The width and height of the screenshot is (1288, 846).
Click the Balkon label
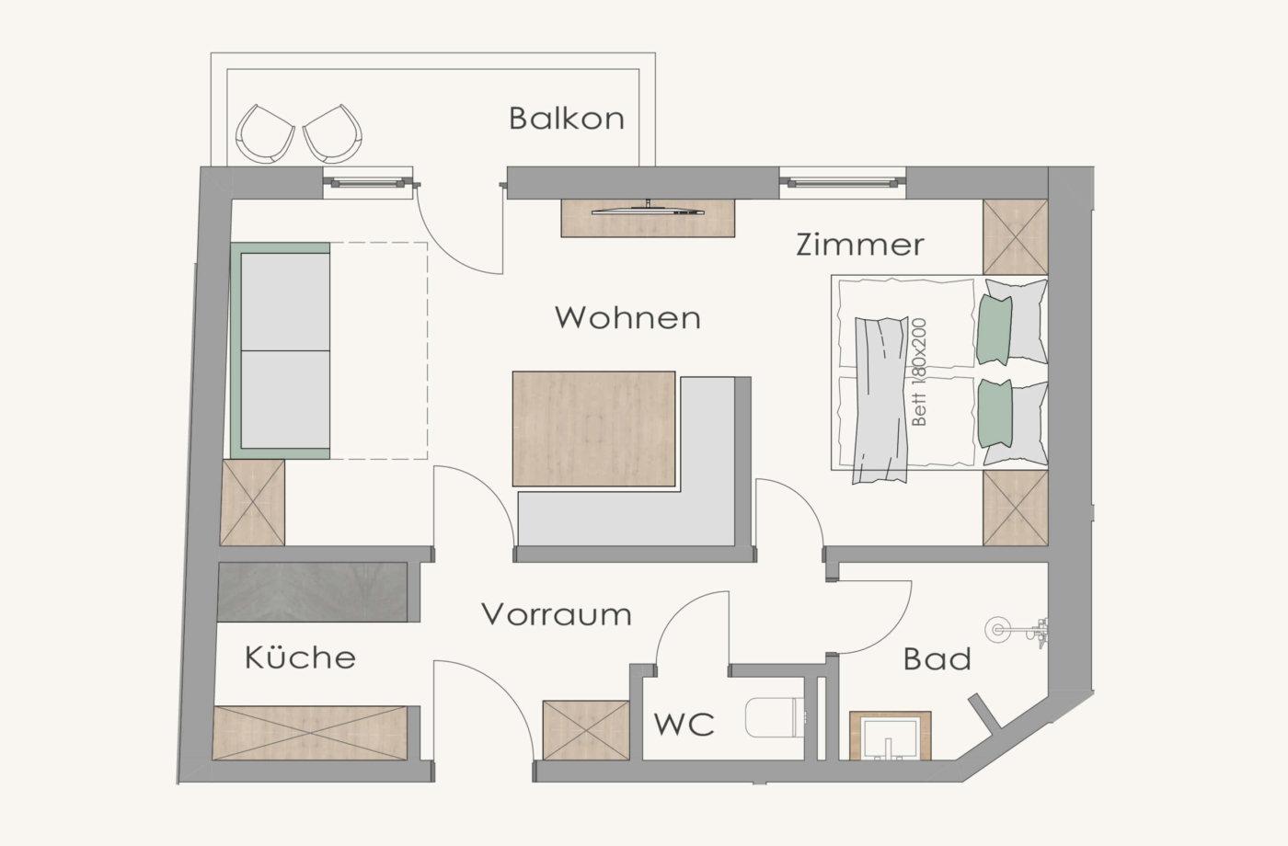(x=567, y=119)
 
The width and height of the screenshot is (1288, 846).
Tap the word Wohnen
(x=627, y=318)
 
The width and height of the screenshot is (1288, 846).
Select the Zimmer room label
(x=860, y=245)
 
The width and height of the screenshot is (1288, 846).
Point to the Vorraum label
(x=557, y=614)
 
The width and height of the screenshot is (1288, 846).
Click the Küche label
(x=300, y=657)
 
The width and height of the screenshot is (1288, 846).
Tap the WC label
(x=684, y=725)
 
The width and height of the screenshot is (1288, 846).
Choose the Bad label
(x=937, y=658)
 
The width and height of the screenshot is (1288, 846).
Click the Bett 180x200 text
(x=920, y=372)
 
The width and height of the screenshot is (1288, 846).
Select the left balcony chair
(x=266, y=133)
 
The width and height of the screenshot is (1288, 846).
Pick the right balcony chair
(x=333, y=133)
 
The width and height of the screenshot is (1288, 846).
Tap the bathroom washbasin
(x=890, y=736)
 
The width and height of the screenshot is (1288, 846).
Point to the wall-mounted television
(x=648, y=211)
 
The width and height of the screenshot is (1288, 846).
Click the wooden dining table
(x=594, y=429)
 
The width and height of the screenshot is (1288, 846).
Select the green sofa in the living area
(x=281, y=350)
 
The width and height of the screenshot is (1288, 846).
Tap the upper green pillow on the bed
(x=995, y=330)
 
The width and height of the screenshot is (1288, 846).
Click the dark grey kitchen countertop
(x=313, y=592)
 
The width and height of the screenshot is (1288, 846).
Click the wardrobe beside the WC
(x=586, y=730)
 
